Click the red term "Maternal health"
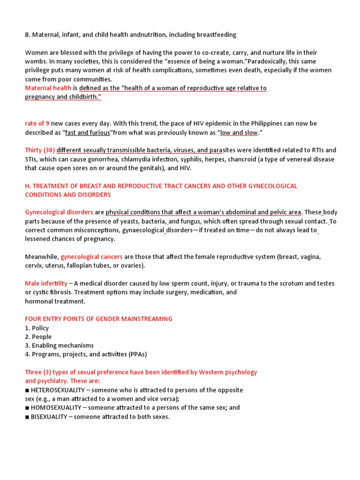[x=48, y=88]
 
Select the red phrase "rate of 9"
[x=37, y=123]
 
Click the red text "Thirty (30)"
[x=40, y=150]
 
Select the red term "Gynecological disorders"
[x=59, y=212]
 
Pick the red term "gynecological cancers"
[x=91, y=256]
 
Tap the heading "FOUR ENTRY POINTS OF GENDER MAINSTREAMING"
[x=98, y=319]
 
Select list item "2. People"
[x=38, y=337]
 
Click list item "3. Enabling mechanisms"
[x=59, y=345]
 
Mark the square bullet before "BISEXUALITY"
[x=27, y=417]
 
